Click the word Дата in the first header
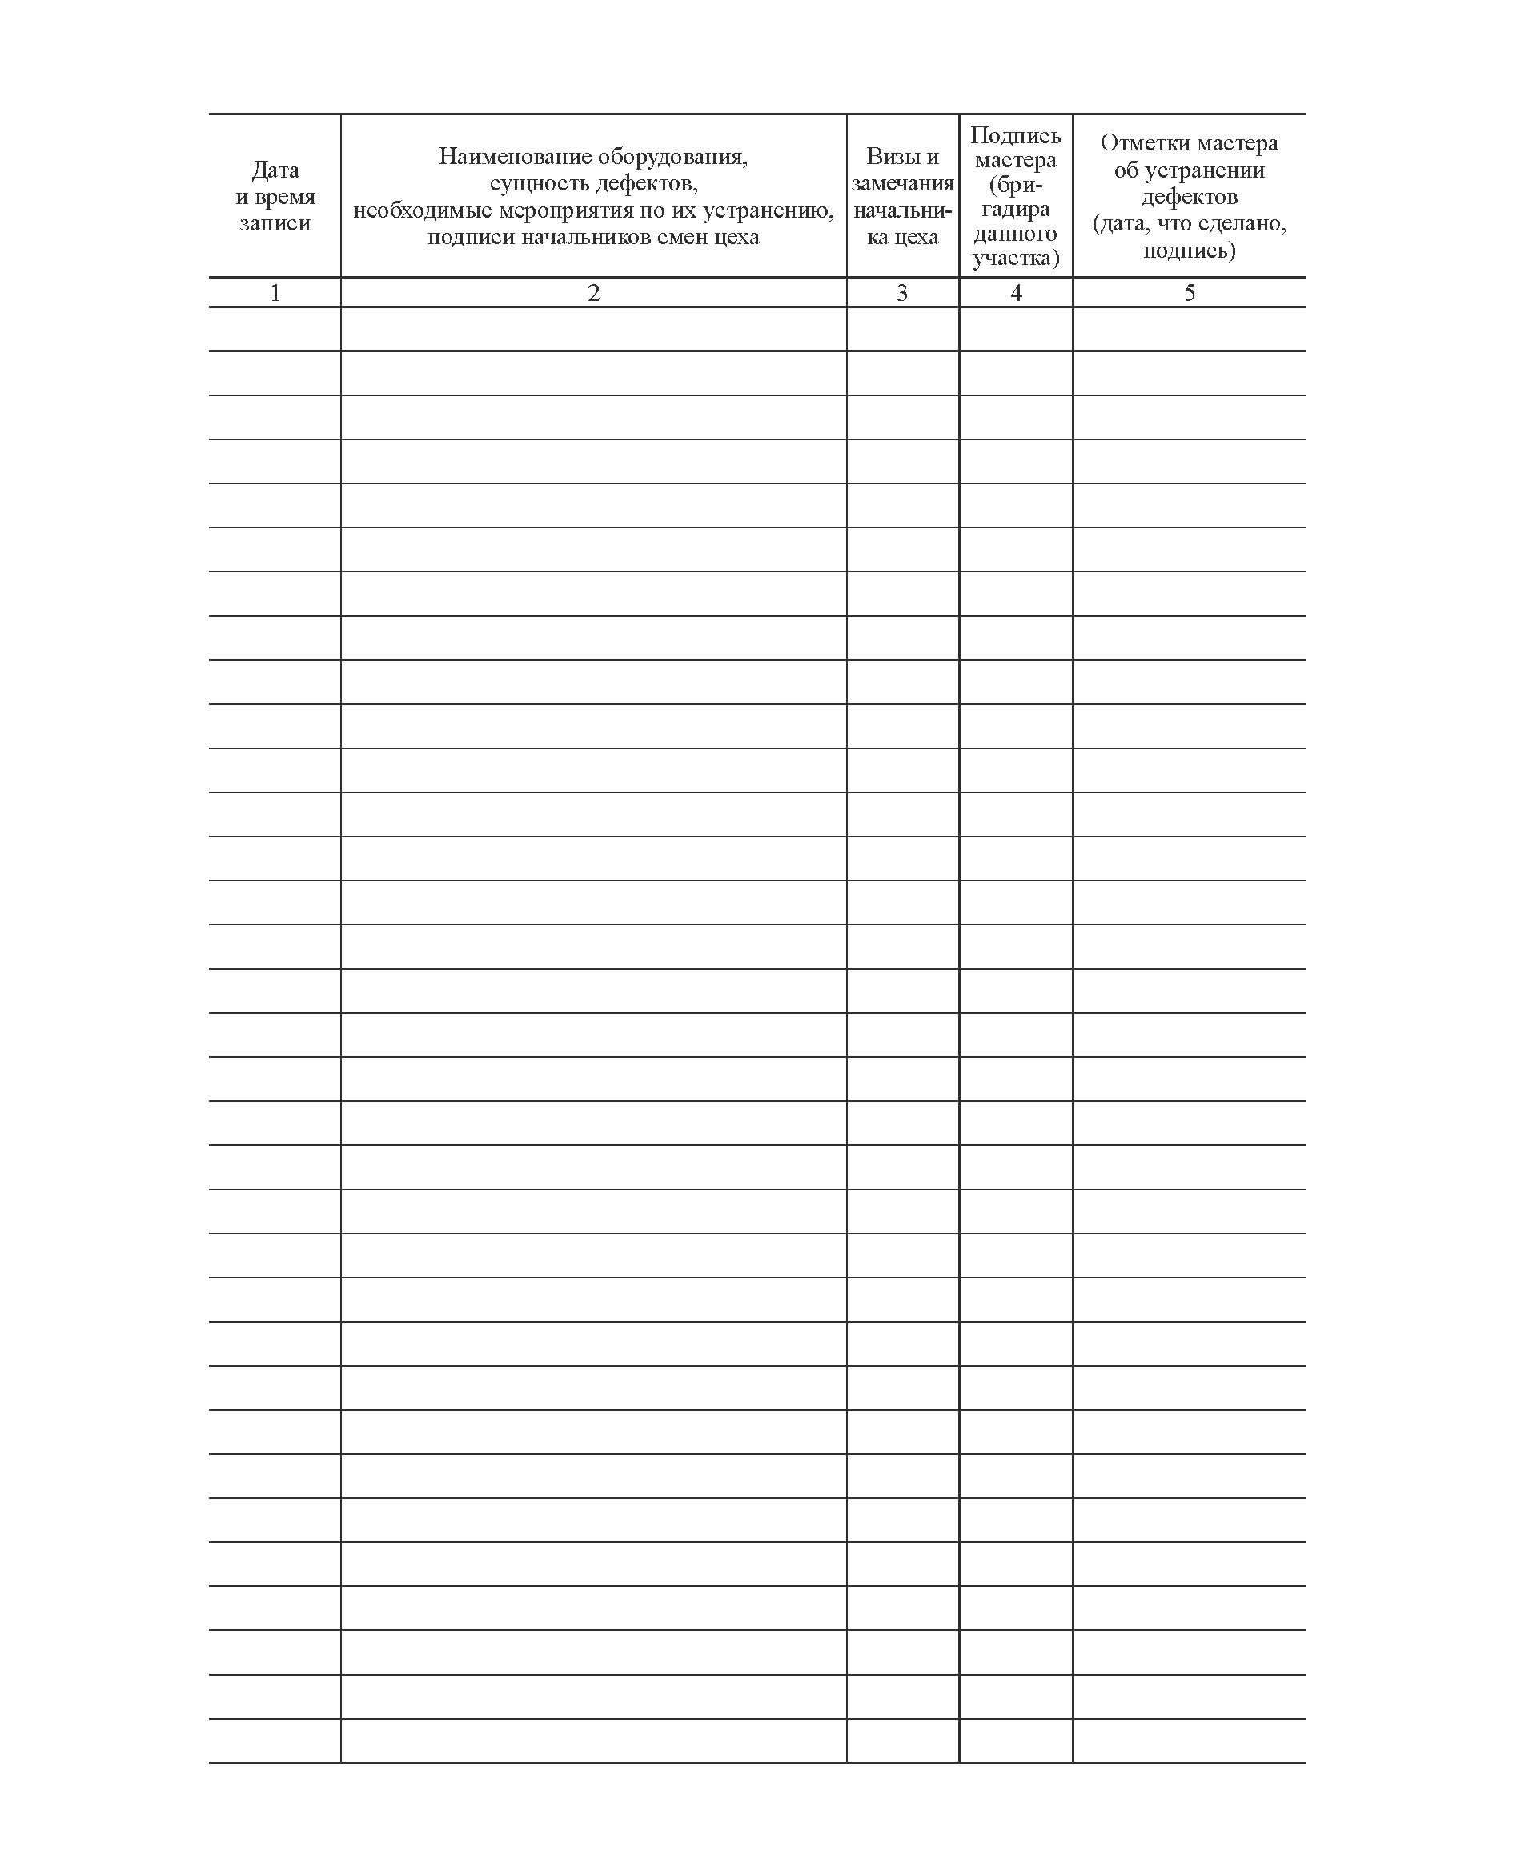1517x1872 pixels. coord(275,170)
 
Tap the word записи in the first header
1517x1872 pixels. coord(275,222)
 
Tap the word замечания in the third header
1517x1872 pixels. coord(903,183)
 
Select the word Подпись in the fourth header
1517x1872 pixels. coord(1015,135)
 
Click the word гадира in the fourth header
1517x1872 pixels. coord(1015,210)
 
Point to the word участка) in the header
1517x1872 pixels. coord(1015,258)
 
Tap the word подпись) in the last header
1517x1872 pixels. coord(1190,251)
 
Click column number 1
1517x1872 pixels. coord(275,293)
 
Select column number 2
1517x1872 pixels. coord(593,293)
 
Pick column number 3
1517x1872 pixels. coord(902,293)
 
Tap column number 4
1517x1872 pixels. coord(1015,293)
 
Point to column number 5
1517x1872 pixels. coord(1190,293)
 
